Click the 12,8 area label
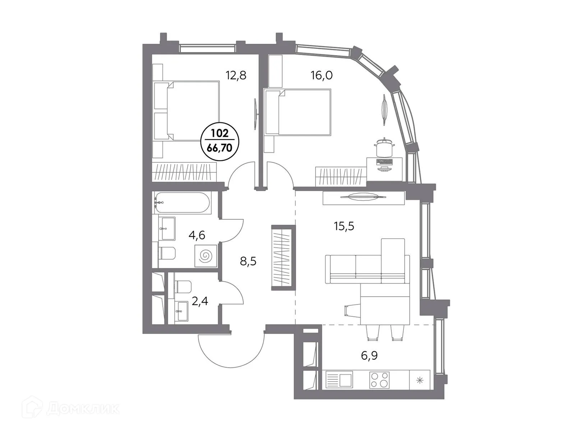236,76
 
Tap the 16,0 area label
321,76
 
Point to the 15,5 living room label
344,226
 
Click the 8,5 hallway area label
248,261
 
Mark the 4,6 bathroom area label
197,235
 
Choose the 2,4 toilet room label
199,301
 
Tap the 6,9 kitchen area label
369,356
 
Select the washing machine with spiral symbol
206,256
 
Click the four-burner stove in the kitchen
379,379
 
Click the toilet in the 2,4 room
183,287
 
